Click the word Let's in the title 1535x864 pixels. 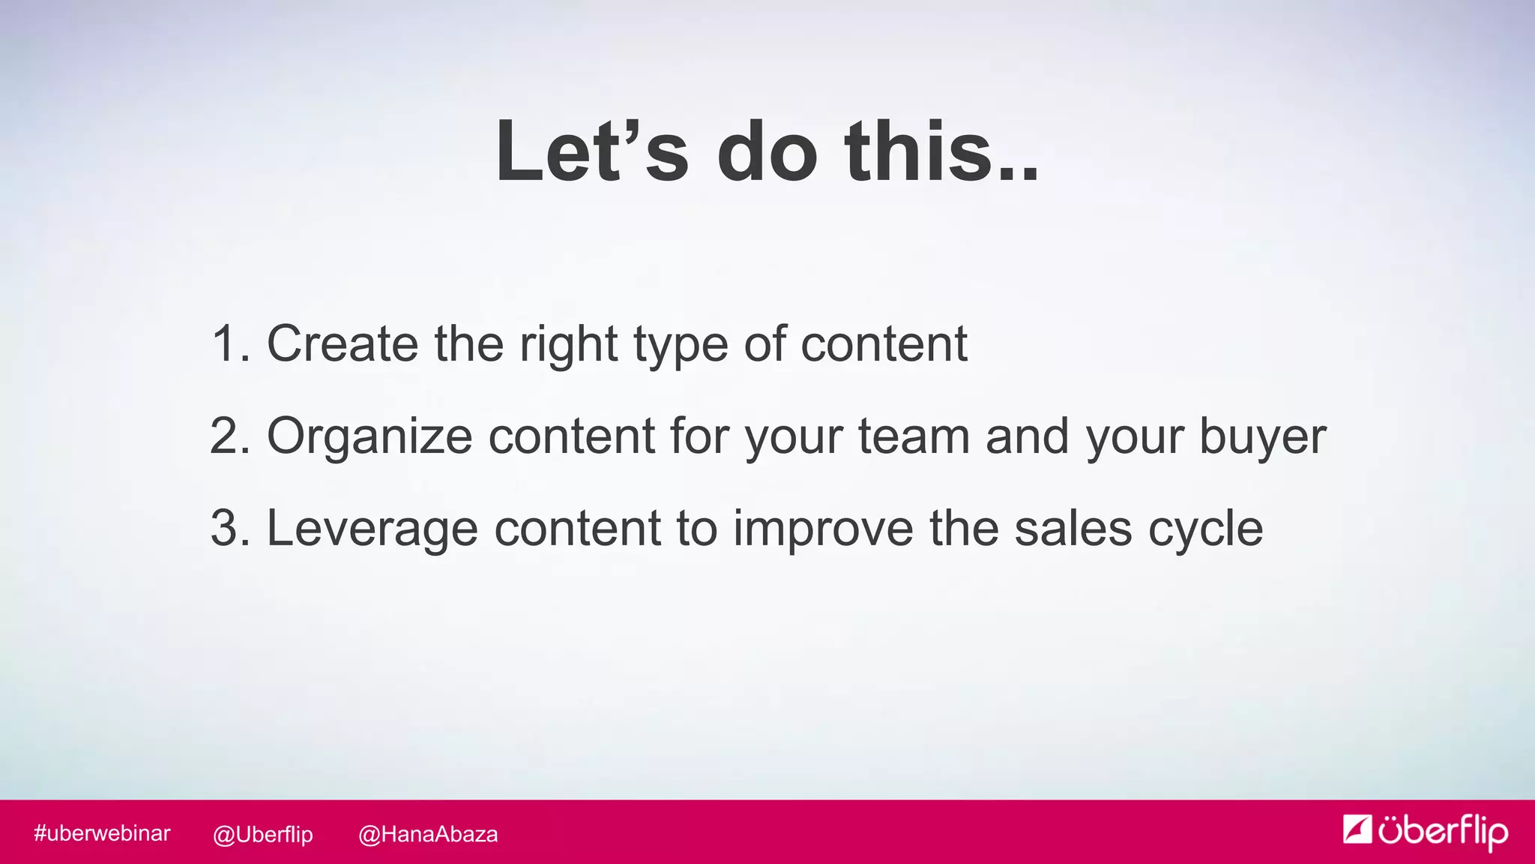(x=591, y=151)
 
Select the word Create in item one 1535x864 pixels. (x=342, y=344)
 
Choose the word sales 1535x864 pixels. (x=1073, y=529)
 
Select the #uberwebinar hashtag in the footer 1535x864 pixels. (x=102, y=833)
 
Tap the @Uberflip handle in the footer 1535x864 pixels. (x=262, y=834)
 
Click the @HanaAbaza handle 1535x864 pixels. (x=428, y=834)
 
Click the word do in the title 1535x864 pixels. (x=767, y=151)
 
